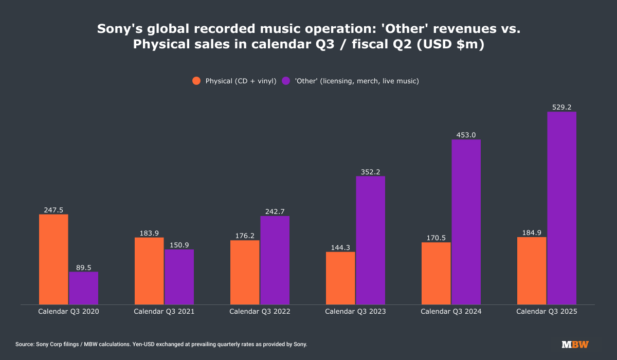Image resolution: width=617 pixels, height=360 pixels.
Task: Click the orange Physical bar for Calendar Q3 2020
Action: [x=53, y=259]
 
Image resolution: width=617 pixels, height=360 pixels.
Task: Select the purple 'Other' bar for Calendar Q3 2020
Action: [x=83, y=288]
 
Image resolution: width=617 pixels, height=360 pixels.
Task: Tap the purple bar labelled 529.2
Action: [x=561, y=208]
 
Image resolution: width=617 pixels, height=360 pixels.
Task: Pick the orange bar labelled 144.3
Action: [x=340, y=278]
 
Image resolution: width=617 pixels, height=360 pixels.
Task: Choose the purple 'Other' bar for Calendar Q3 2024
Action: [x=466, y=222]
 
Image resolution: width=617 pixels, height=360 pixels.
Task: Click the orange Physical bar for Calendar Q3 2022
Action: [x=245, y=272]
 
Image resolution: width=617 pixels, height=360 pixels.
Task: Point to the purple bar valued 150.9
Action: [x=179, y=277]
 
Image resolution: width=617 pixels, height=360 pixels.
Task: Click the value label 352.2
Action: [x=370, y=172]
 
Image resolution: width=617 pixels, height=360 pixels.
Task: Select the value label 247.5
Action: [x=53, y=210]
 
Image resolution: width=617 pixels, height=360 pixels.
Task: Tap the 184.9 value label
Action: [x=532, y=232]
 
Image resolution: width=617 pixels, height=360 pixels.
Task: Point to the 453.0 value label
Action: [x=466, y=135]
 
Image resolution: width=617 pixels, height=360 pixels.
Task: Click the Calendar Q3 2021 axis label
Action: [x=164, y=312]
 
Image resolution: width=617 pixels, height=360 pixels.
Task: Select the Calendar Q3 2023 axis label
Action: [x=355, y=312]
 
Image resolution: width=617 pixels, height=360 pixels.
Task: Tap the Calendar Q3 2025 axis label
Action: [x=547, y=312]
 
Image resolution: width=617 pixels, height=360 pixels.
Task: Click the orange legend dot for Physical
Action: [x=196, y=81]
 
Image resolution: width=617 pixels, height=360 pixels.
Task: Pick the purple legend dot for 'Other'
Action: [x=286, y=81]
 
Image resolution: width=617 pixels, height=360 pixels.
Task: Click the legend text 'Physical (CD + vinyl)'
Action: [x=241, y=81]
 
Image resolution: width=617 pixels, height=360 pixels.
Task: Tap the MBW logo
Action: [x=575, y=344]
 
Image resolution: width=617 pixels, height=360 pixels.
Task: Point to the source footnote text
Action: [x=161, y=344]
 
